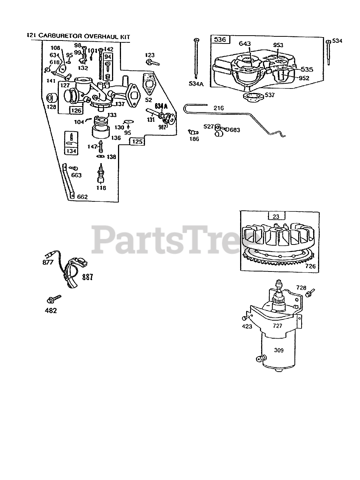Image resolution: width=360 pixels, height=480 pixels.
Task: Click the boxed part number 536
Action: coord(220,39)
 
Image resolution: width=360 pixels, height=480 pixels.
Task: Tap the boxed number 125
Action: coord(137,142)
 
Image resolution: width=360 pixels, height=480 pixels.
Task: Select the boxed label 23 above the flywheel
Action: coord(276,216)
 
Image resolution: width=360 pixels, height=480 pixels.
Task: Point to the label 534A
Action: coord(196,84)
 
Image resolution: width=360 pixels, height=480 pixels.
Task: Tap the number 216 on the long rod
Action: coord(218,108)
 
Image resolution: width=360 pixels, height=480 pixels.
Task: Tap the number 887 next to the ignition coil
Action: coord(87,277)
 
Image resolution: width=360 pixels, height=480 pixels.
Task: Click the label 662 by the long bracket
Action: coord(82,196)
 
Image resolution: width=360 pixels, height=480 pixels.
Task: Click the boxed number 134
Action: coord(71,151)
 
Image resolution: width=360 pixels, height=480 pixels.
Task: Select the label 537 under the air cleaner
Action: coord(269,95)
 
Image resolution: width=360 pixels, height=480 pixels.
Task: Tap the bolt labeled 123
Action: coord(151,61)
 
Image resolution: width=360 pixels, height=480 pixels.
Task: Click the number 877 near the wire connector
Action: coord(48,262)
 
